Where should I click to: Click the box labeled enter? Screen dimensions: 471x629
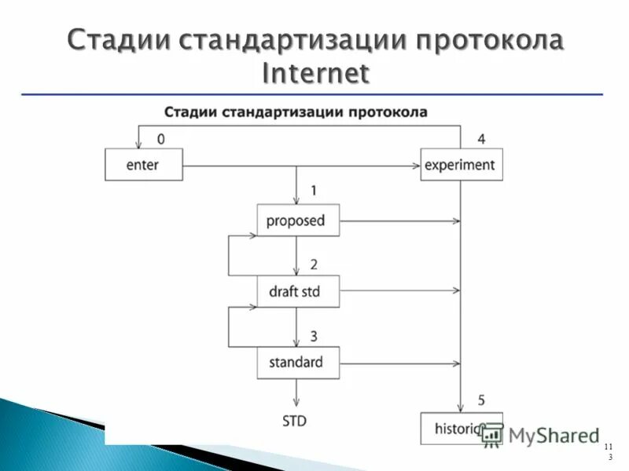click(x=143, y=165)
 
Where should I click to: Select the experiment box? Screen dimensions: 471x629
click(x=461, y=165)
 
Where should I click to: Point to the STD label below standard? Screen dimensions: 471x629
click(x=294, y=421)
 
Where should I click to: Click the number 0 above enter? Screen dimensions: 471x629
click(x=161, y=140)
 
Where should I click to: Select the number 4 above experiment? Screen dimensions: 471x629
click(x=481, y=140)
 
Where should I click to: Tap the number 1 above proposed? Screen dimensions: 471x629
click(x=313, y=191)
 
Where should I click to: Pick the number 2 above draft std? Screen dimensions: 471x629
click(x=313, y=265)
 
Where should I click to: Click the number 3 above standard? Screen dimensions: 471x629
click(x=313, y=336)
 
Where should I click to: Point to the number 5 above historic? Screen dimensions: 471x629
click(x=481, y=400)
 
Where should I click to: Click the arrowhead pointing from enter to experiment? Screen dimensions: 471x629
click(x=416, y=166)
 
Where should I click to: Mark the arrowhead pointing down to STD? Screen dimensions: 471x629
click(x=296, y=402)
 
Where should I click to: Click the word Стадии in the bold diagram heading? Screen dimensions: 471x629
click(x=190, y=111)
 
